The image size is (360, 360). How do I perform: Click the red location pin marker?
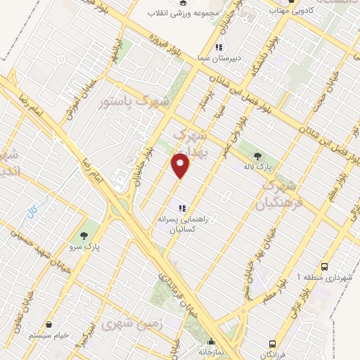181,165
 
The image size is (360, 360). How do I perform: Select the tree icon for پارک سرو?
86,235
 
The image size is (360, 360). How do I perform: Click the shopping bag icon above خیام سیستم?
50,325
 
